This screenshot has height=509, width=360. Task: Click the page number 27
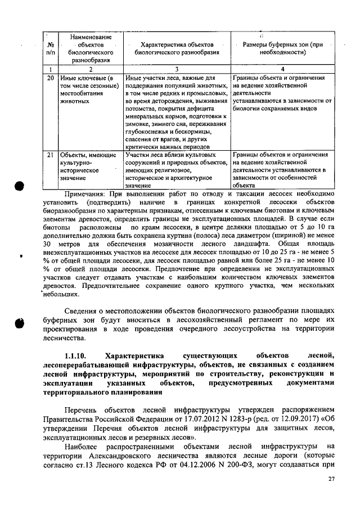pyautogui.click(x=330, y=479)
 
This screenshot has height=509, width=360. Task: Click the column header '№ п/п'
pyautogui.click(x=51, y=48)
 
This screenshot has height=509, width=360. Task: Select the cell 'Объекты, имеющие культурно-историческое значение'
pyautogui.click(x=87, y=166)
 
